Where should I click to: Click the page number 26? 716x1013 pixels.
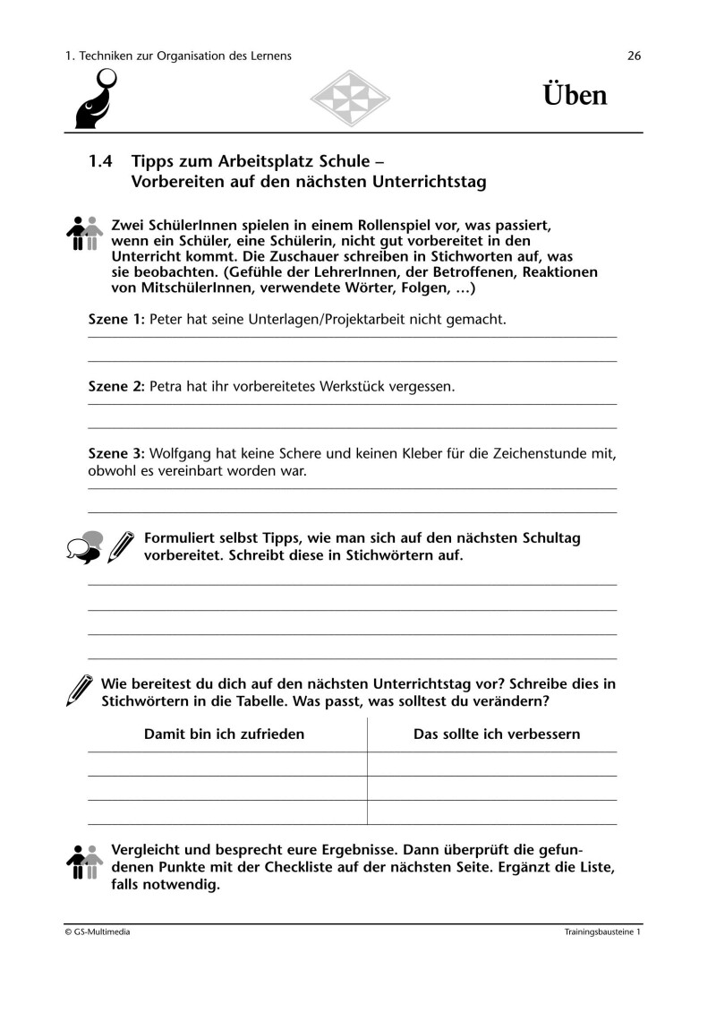tap(635, 56)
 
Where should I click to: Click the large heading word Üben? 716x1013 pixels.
tap(575, 95)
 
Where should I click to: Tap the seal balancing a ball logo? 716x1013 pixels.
tap(93, 100)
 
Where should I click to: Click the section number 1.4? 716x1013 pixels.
tap(102, 162)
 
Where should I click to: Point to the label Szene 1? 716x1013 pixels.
tap(116, 319)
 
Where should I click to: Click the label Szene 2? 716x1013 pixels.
tap(116, 387)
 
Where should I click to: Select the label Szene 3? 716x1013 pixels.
tap(116, 454)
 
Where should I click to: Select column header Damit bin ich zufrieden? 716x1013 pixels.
tap(225, 734)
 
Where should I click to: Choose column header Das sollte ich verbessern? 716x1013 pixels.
tap(497, 734)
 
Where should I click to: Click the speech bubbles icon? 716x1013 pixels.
tap(83, 546)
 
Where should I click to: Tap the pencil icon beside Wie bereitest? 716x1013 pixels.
tap(80, 690)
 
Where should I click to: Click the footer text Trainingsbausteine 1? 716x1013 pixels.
tap(602, 932)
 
